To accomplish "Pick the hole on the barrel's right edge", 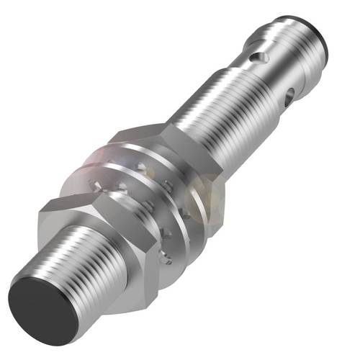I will pyautogui.click(x=292, y=93).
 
